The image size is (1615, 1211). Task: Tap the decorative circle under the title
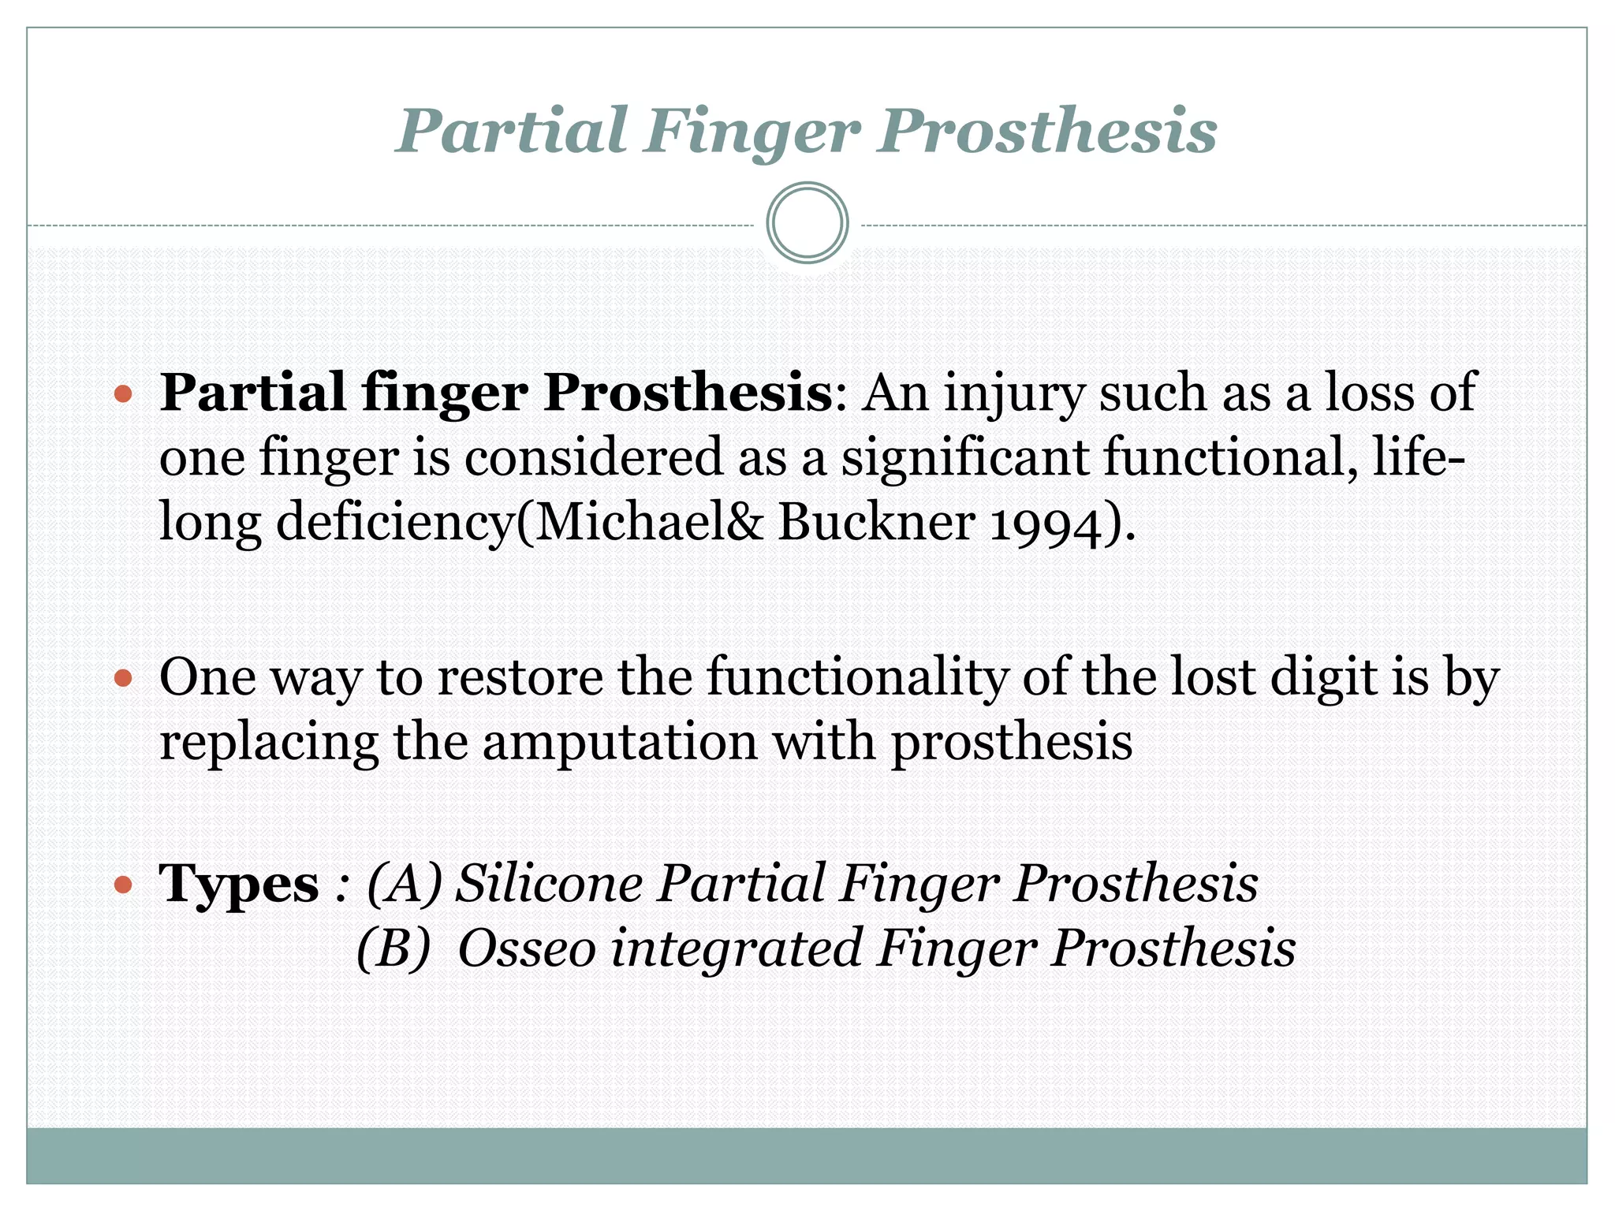pyautogui.click(x=807, y=223)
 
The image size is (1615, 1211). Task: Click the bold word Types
pyautogui.click(x=239, y=885)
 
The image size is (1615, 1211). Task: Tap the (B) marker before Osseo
pyautogui.click(x=393, y=948)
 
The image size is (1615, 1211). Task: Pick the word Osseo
pyautogui.click(x=527, y=948)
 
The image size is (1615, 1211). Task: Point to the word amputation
pyautogui.click(x=620, y=743)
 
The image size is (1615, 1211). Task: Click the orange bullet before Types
pyautogui.click(x=123, y=885)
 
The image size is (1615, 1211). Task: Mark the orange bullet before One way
pyautogui.click(x=123, y=678)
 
